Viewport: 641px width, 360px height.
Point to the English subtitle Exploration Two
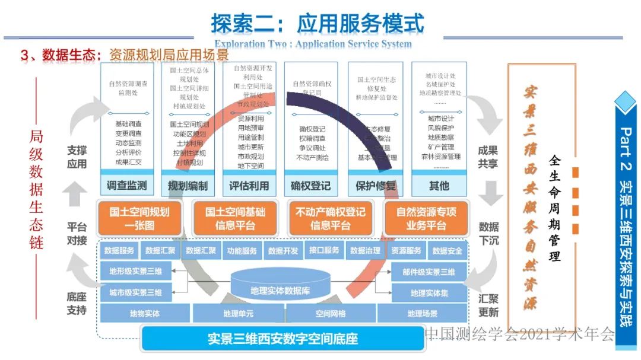coord(313,44)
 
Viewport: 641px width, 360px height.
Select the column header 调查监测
coord(126,186)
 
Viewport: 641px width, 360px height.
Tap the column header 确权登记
coord(311,186)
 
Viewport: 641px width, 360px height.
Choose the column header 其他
coord(439,186)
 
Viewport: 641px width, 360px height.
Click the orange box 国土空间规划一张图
coord(139,218)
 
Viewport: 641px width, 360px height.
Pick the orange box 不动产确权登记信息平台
coord(330,218)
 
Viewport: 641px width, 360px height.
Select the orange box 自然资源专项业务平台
coord(426,218)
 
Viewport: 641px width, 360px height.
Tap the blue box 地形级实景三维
coord(135,272)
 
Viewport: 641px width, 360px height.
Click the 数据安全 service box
coord(448,251)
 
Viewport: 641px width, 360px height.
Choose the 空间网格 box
coord(330,313)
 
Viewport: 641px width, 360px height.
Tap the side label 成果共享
coord(488,157)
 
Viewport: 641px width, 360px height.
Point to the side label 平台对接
coord(77,234)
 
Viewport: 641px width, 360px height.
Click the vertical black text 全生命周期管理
coord(555,208)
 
